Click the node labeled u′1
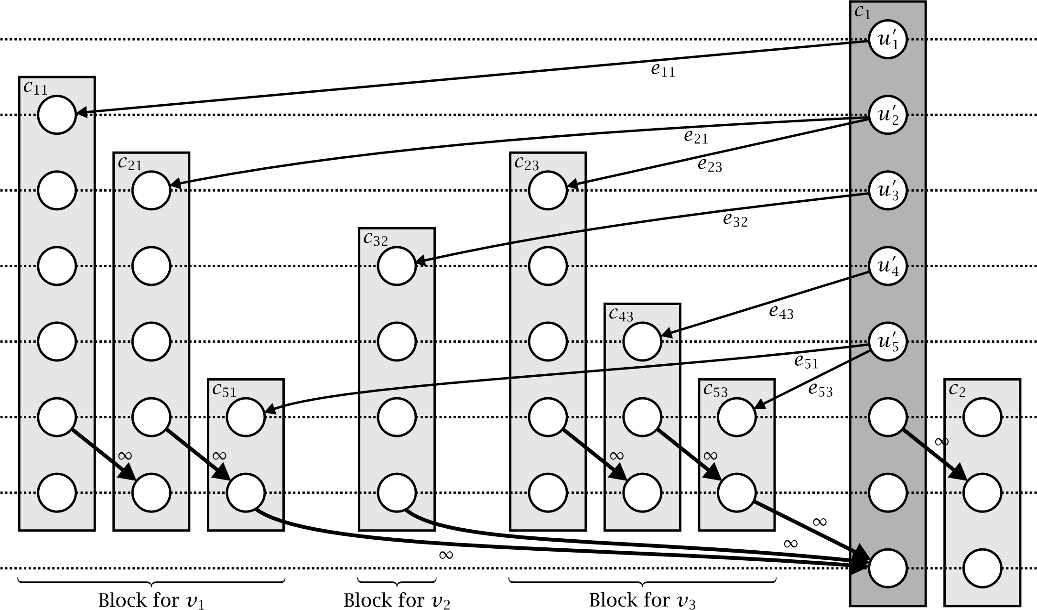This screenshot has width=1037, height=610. pos(887,40)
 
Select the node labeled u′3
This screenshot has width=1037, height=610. pos(887,191)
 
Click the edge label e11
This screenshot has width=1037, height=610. pos(663,71)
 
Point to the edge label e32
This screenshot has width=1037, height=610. pos(735,220)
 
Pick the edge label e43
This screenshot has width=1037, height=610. pos(781,313)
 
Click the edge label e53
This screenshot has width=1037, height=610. pos(820,390)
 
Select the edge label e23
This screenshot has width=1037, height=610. pos(710,165)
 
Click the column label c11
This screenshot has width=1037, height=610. pos(35,88)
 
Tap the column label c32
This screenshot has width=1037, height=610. pos(375,239)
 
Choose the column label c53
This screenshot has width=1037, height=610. pos(715,391)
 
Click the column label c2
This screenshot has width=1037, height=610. pos(957,391)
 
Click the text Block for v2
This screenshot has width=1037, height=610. pos(397,600)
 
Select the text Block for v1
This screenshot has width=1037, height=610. pos(151,600)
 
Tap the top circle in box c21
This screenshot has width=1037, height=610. pos(151,190)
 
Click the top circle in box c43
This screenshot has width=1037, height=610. pos(642,341)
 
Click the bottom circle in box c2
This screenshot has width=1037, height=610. pos(982,568)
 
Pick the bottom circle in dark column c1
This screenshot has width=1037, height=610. pos(887,568)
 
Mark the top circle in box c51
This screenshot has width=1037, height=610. pos(246,417)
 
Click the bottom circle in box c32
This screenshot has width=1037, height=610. pos(397,492)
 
